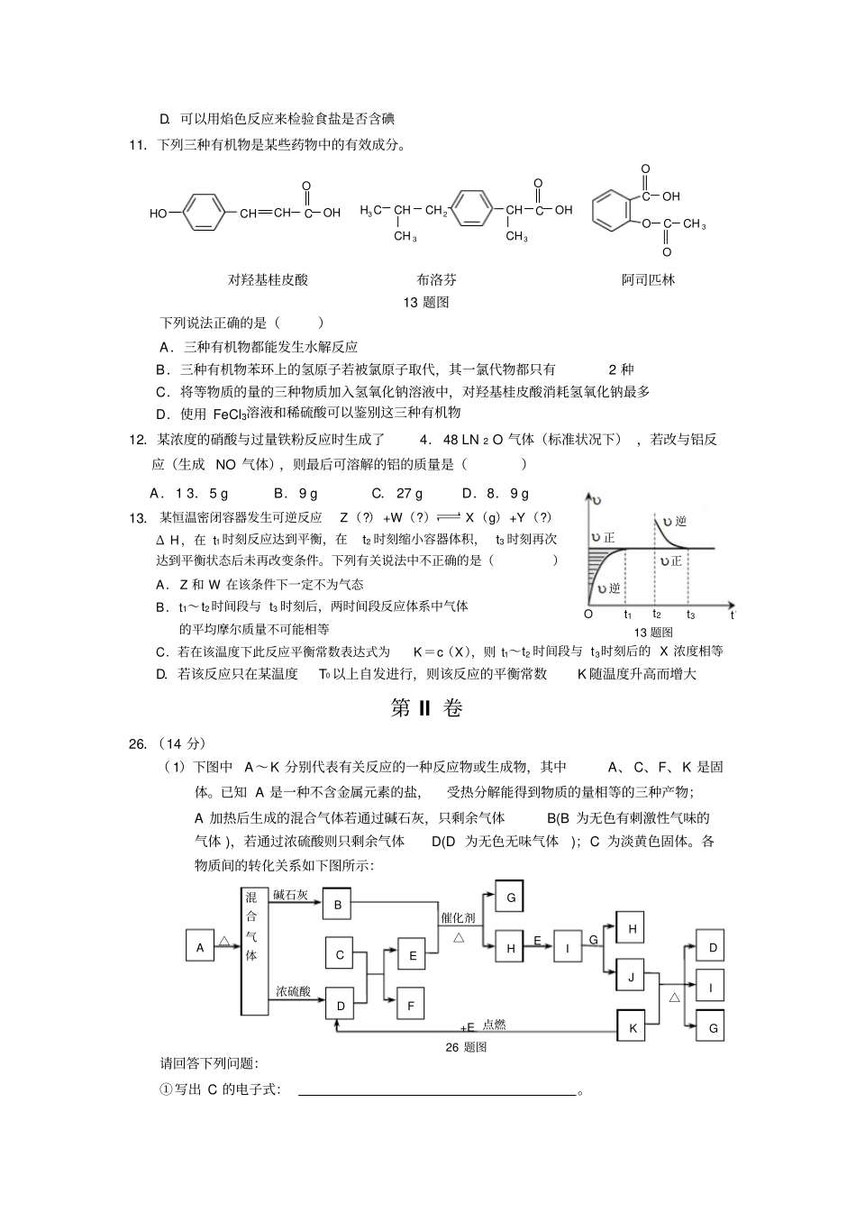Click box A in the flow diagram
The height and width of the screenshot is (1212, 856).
(x=200, y=947)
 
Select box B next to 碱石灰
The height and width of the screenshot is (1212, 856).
(x=338, y=905)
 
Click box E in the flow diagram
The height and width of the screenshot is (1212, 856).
(x=412, y=956)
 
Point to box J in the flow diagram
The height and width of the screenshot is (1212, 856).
(x=632, y=977)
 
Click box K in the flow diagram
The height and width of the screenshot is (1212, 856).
(x=633, y=1027)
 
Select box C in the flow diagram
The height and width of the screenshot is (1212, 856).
(x=340, y=955)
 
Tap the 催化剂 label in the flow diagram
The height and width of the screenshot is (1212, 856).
(x=458, y=917)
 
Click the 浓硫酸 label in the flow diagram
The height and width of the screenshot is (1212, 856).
(x=293, y=991)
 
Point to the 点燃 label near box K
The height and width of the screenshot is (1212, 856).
(x=495, y=1024)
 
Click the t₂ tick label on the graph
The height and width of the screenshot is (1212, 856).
(x=657, y=615)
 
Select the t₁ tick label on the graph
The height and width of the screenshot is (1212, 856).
(x=628, y=615)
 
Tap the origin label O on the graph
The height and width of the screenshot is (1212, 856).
(x=588, y=615)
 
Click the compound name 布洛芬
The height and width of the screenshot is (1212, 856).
(x=436, y=279)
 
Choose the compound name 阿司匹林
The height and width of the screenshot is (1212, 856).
(x=648, y=279)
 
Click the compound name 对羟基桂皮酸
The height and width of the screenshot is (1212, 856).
(x=268, y=279)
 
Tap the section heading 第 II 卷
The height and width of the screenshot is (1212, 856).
(x=427, y=708)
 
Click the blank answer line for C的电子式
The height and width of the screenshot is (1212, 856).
(x=437, y=1092)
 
